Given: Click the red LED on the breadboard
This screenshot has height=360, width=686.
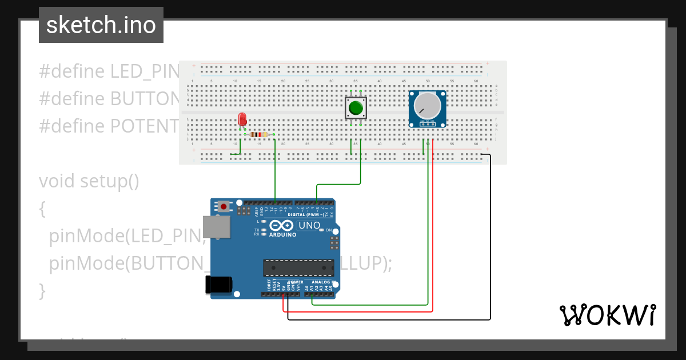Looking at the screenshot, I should (x=242, y=119).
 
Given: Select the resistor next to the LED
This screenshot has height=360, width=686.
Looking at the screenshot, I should (x=259, y=135).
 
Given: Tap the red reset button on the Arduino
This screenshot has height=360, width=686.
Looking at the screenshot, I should (x=224, y=206).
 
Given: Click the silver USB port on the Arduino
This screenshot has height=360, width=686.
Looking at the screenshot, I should (x=217, y=227).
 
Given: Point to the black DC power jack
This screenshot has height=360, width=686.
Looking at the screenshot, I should (x=219, y=285).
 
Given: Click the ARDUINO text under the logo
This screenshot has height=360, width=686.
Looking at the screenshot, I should (x=282, y=235).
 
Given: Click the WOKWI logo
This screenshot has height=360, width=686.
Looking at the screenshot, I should (x=607, y=315).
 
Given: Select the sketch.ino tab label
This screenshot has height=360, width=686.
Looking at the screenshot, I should (x=101, y=25).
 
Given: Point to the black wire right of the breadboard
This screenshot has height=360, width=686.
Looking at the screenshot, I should (x=490, y=240).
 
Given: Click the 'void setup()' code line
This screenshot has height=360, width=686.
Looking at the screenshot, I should (x=89, y=181).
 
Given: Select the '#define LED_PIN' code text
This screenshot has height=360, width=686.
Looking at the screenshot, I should (x=109, y=71).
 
